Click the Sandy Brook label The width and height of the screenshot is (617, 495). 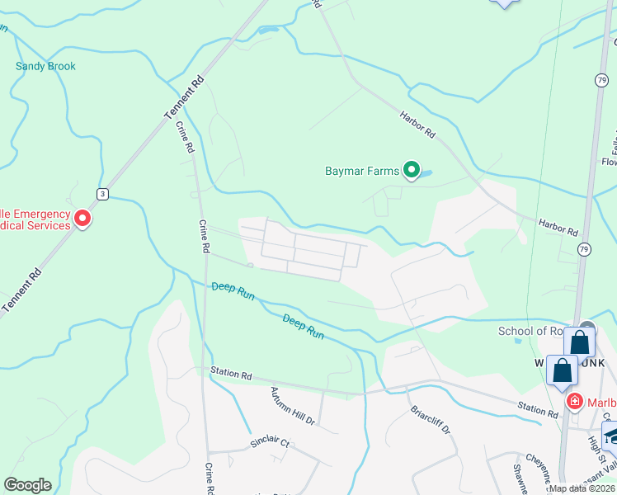45,66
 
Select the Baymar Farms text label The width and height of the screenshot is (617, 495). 362,172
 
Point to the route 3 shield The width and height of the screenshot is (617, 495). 102,194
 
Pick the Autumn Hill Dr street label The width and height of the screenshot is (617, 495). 293,406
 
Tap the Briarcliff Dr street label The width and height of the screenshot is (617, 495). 429,418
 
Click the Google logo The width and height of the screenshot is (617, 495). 27,485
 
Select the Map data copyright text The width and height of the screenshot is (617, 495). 582,488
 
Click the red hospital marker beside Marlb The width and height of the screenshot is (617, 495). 575,403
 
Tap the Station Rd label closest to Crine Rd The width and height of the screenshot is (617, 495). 230,374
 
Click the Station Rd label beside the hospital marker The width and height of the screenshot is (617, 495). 538,408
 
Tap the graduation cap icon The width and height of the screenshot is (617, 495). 612,435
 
